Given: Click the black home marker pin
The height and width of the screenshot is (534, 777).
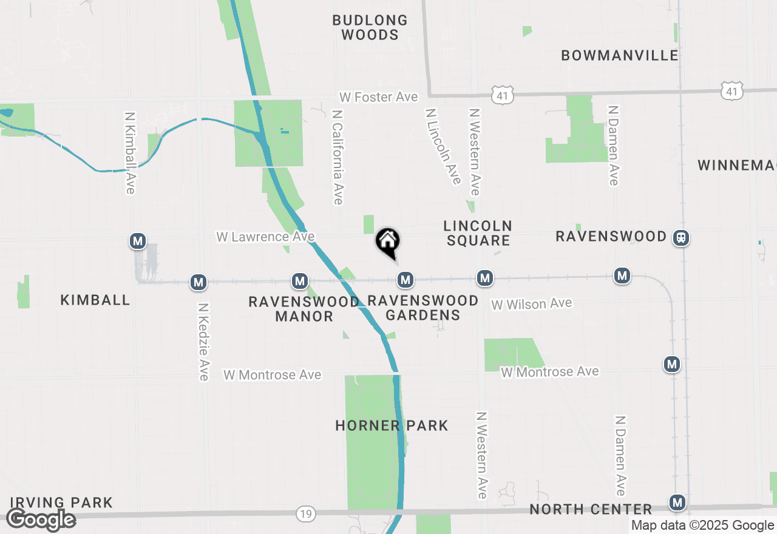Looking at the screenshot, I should click(x=388, y=242).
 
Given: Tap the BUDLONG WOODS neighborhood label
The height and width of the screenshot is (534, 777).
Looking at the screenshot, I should click(x=370, y=27).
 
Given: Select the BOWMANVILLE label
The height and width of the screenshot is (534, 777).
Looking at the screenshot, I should click(x=620, y=55).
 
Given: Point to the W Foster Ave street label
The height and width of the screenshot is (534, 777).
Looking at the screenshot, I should click(x=378, y=97).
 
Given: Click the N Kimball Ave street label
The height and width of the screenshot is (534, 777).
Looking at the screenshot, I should click(x=129, y=152).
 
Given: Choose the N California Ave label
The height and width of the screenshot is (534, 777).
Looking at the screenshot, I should click(x=338, y=157).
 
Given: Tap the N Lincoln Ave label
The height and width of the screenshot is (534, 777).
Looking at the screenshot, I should click(x=443, y=146).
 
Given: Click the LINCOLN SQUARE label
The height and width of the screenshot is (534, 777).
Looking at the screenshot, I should click(x=478, y=233).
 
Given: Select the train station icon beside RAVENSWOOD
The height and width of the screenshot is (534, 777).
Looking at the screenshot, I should click(x=682, y=237).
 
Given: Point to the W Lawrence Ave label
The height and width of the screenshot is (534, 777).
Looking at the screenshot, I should click(x=265, y=236).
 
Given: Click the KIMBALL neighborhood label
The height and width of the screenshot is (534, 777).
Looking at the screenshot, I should click(x=95, y=300).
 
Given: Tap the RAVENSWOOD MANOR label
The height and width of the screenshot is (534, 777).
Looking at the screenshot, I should click(x=304, y=309).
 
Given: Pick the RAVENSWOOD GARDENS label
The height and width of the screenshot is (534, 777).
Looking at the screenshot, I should click(x=423, y=308).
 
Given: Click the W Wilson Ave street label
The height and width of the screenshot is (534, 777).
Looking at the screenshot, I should click(x=532, y=303).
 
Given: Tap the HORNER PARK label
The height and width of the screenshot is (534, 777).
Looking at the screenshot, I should click(x=392, y=425).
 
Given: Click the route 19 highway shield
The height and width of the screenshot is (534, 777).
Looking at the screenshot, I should click(x=306, y=514).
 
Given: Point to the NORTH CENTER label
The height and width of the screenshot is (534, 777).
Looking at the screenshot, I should click(x=591, y=509).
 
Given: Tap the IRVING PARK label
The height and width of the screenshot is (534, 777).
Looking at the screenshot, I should click(x=61, y=502).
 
